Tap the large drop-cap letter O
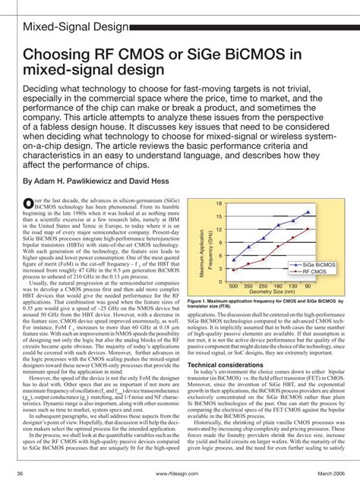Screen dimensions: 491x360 (x=30, y=201)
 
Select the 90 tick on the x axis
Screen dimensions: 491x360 (x=307, y=287)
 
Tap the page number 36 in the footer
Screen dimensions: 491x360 (x=17, y=474)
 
